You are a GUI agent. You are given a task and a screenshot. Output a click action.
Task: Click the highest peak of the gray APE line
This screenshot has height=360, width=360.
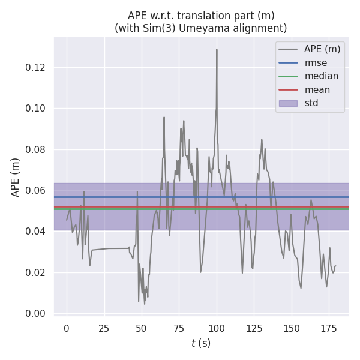tap(217, 50)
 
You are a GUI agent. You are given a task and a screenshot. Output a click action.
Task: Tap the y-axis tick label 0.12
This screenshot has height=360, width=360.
tap(36, 67)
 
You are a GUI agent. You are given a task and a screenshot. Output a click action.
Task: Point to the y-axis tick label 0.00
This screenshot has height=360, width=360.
tap(36, 313)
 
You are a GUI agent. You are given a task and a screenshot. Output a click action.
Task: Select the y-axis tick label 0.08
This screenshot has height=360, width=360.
tap(36, 149)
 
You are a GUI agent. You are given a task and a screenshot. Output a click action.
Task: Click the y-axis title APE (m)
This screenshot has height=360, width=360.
tap(16, 177)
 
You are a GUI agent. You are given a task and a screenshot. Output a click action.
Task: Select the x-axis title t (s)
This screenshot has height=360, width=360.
tap(201, 343)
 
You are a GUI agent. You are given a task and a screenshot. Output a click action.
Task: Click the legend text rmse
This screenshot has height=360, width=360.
tap(316, 62)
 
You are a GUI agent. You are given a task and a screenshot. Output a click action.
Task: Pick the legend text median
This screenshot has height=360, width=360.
tap(321, 76)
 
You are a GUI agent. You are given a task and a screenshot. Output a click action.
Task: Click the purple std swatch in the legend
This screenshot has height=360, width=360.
tap(289, 103)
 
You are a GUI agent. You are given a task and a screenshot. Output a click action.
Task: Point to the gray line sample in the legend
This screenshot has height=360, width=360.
tap(289, 49)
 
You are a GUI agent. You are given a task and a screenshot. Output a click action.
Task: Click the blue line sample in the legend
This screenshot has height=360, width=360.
tap(289, 62)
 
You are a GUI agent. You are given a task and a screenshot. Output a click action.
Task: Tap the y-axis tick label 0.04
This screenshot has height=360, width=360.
tap(36, 231)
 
